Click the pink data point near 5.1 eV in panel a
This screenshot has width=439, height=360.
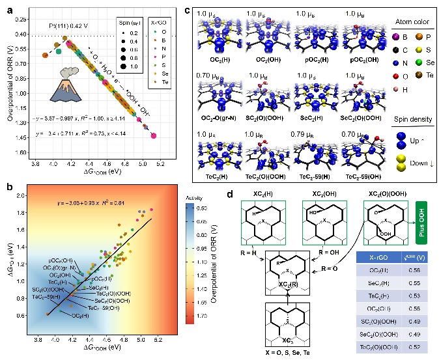(153, 135)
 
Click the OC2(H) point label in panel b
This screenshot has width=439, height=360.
(80, 316)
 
